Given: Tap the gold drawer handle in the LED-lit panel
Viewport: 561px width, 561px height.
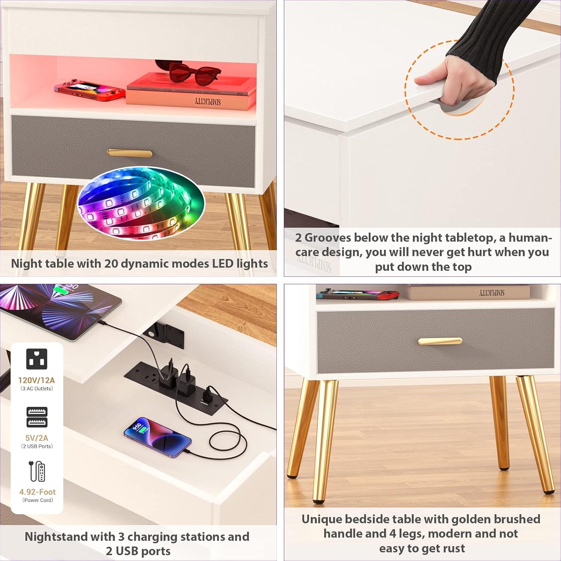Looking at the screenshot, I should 130,153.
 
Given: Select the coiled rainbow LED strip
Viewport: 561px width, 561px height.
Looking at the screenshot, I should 141,202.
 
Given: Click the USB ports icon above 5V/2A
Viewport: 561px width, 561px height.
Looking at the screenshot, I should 37,417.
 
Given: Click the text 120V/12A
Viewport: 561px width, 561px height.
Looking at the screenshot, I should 37,380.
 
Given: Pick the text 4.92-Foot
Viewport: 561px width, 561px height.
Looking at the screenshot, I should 37,492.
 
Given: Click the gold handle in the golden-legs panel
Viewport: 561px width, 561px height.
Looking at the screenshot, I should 440,341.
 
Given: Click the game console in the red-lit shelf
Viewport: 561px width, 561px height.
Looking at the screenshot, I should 90,90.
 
